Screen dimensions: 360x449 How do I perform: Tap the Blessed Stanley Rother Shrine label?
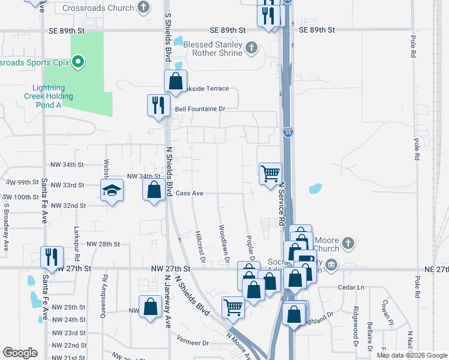click(x=214, y=49)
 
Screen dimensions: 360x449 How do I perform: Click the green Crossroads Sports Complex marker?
click(x=77, y=61)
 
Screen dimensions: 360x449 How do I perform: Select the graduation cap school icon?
click(x=111, y=191)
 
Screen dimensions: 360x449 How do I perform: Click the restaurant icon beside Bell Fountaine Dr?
click(x=157, y=105)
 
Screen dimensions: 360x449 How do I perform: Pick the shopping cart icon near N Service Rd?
click(x=270, y=173)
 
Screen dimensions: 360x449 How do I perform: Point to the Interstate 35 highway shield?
click(x=289, y=132)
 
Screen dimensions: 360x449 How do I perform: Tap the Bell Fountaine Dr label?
click(x=199, y=109)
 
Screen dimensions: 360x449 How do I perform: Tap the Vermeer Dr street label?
click(x=193, y=343)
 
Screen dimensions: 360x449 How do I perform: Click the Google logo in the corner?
click(x=20, y=353)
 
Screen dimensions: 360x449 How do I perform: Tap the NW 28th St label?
click(x=104, y=244)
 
